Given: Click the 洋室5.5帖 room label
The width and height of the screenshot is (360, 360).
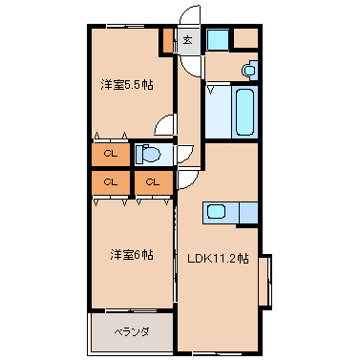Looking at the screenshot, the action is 127,85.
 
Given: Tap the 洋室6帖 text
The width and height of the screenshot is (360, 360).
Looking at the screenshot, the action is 132,255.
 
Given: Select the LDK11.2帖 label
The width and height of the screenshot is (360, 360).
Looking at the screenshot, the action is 218,259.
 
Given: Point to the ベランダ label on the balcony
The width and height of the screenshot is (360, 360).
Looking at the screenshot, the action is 132,332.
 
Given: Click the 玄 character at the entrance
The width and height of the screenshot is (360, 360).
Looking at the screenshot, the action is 187,40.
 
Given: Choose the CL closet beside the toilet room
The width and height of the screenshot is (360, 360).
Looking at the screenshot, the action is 111,155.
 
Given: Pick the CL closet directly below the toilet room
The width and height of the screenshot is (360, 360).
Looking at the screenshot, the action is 154,182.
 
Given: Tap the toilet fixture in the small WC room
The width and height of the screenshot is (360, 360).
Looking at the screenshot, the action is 147,155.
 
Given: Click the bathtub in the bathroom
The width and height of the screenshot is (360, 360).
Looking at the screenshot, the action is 244,112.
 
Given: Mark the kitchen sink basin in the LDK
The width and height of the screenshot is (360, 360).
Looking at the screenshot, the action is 216,211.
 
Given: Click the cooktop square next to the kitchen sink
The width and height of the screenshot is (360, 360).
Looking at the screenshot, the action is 248,212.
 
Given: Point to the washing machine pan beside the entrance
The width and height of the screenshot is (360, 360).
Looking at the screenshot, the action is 218,39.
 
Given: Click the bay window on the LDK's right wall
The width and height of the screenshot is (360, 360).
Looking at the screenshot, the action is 265,281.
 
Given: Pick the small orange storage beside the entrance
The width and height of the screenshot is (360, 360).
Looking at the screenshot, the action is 168,40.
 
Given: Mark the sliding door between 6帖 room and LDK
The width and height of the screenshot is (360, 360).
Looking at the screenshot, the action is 175,254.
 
